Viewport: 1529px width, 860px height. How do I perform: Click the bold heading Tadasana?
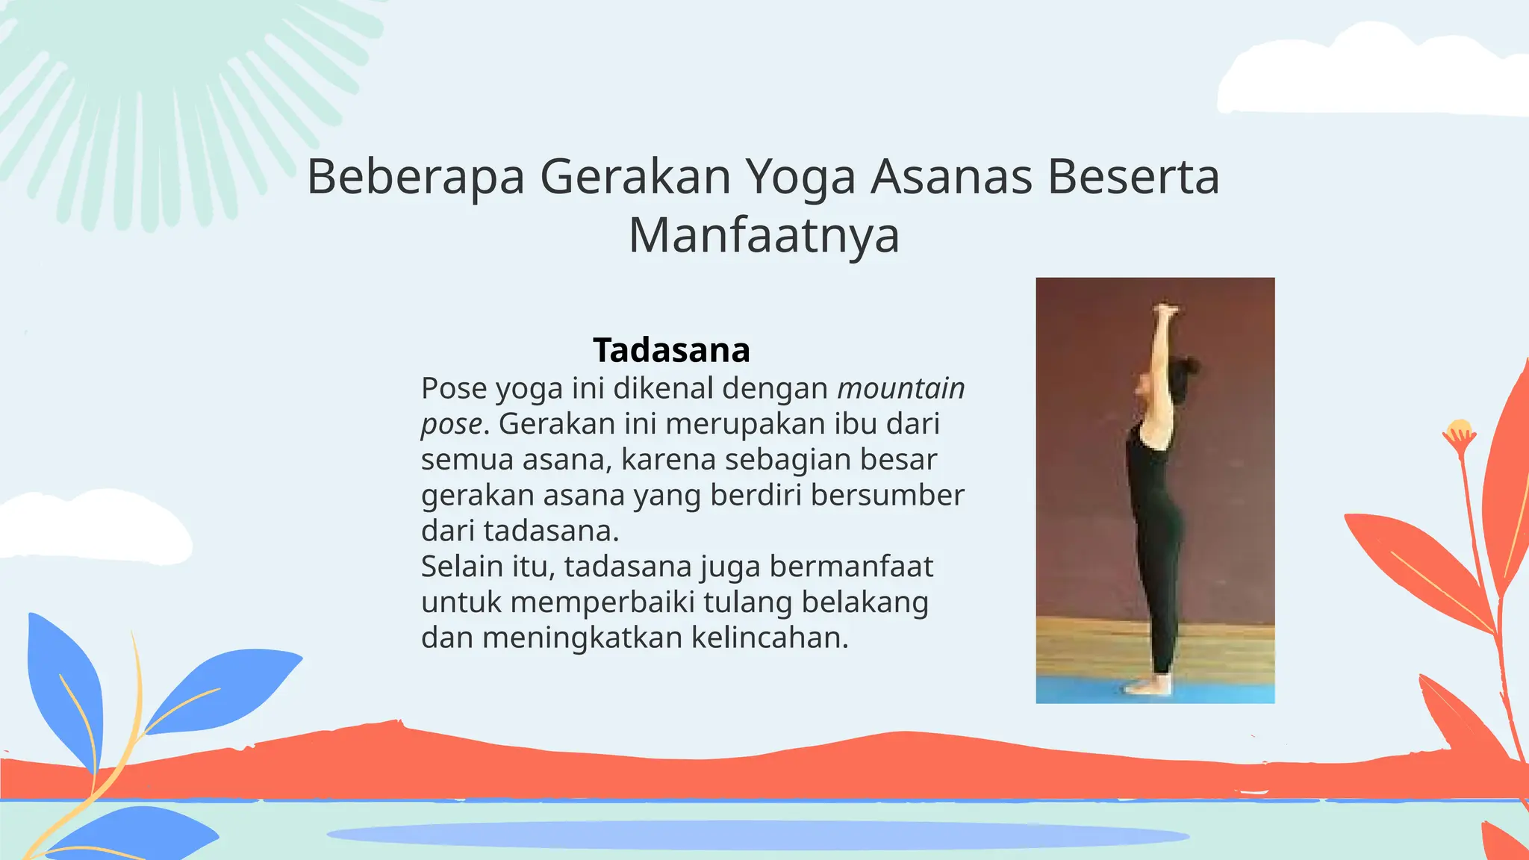[x=671, y=350]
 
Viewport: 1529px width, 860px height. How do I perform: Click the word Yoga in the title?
[x=800, y=178]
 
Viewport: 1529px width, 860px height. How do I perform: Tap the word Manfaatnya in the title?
[x=764, y=235]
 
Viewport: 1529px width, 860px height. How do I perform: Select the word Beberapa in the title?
[x=415, y=178]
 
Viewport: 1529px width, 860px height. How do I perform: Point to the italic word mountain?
[x=900, y=388]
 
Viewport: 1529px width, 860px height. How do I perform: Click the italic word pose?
[x=451, y=424]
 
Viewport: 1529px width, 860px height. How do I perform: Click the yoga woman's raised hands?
[x=1165, y=308]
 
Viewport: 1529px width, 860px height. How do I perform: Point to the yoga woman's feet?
[x=1150, y=685]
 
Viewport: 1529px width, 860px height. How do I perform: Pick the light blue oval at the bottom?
[x=757, y=835]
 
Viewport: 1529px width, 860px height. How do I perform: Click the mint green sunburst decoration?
[x=164, y=90]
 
